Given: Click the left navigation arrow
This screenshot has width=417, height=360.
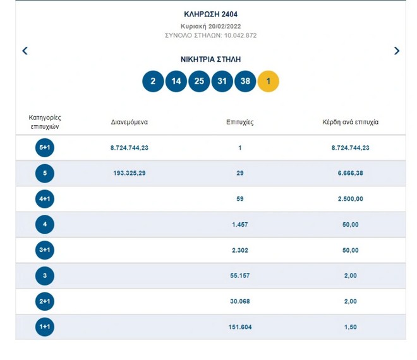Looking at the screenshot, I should tap(25, 51).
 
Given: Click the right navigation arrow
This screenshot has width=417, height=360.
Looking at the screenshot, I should tap(397, 51).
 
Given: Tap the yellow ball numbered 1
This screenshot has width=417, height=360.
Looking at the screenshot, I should tap(269, 81).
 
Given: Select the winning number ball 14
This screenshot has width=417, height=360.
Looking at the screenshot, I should tap(176, 81).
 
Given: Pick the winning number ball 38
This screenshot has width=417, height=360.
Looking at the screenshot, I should tap(245, 81).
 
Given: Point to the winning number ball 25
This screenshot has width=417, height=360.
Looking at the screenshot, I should tap(199, 81).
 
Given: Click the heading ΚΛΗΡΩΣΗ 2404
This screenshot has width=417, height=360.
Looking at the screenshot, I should tap(210, 14).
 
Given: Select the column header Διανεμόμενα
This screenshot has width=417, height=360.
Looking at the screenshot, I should tap(129, 122).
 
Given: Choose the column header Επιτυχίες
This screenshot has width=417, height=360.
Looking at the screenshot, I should tap(240, 122).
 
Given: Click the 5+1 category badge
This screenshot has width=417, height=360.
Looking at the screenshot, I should tap(45, 148).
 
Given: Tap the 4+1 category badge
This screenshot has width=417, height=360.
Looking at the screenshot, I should tap(45, 199).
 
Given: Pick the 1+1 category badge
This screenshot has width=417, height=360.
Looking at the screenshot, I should tap(45, 327).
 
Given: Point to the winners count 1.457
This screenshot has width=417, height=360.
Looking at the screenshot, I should tap(240, 225).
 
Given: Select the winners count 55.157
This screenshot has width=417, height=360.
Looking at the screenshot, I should tap(240, 276).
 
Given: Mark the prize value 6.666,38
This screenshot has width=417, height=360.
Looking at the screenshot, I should tap(350, 173).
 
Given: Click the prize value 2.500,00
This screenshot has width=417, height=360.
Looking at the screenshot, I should tap(350, 199).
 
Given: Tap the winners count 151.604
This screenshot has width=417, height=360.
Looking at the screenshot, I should tap(240, 327).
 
